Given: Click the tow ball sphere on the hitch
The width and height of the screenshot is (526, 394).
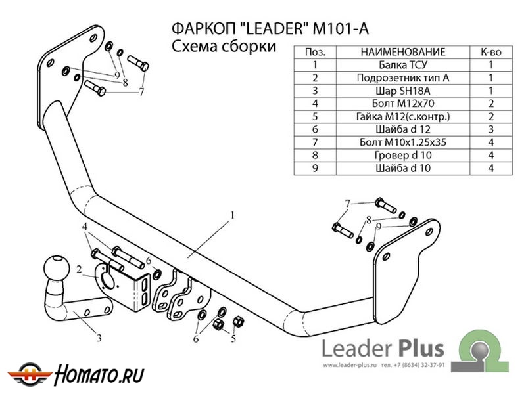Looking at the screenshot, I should [x=57, y=269].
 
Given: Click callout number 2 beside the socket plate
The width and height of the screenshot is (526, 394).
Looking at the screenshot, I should [x=78, y=269].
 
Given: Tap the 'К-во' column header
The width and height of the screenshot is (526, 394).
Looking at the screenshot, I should [x=490, y=51].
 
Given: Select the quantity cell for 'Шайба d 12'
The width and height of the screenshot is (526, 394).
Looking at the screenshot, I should [x=490, y=129].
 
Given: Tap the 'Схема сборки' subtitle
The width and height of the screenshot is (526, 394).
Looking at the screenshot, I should [x=223, y=47].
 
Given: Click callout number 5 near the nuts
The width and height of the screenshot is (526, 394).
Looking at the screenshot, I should [x=233, y=339].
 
